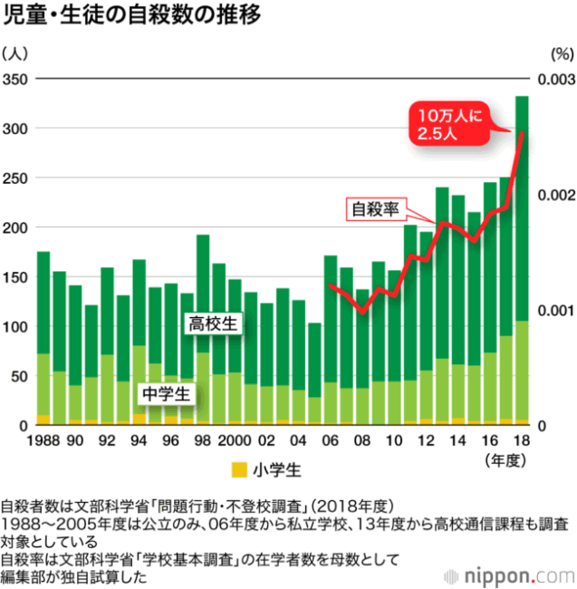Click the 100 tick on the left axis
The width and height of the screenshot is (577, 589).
point(15,326)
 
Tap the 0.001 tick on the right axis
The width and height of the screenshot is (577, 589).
point(555,310)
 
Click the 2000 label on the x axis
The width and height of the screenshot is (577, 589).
point(234,440)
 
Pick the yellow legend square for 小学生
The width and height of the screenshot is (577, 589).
point(238,469)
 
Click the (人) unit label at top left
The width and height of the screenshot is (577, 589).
point(19,53)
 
